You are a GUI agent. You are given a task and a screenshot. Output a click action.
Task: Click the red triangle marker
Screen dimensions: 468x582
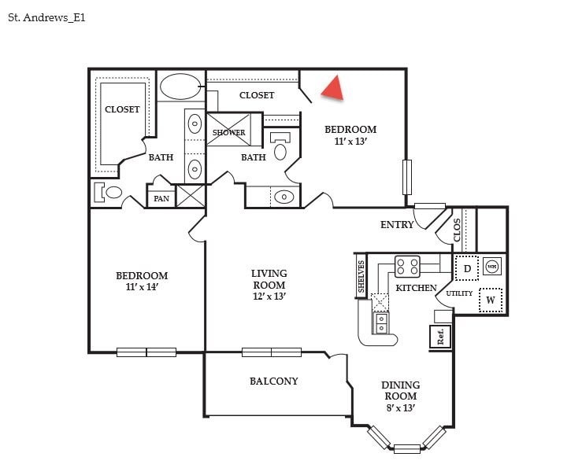pos(334,89)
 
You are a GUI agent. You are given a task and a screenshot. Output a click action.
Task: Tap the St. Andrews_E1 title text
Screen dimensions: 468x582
pos(46,17)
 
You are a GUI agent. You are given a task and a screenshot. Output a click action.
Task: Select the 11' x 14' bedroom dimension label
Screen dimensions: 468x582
pos(142,288)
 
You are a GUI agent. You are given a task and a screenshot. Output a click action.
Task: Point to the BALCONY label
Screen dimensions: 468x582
pos(274,381)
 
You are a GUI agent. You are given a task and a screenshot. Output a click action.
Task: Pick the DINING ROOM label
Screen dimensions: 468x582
pos(400,391)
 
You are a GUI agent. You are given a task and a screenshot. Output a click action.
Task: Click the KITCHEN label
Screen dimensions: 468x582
pos(416,289)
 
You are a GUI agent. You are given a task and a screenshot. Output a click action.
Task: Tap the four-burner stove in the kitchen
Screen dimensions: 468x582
pos(407,267)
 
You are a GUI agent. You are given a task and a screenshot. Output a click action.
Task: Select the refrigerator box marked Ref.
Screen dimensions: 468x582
pos(441,336)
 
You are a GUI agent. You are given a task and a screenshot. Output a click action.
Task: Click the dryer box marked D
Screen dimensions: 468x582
pos(467,269)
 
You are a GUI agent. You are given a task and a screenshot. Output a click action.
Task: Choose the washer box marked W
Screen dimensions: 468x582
pos(491,300)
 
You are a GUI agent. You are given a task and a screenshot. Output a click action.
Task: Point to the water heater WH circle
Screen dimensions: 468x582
pos(492,266)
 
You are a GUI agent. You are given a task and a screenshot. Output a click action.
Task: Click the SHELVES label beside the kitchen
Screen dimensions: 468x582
pos(361,278)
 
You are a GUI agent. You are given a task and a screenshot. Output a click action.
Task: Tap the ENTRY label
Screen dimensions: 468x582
pos(397,225)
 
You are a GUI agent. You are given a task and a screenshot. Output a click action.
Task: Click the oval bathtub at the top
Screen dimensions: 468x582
pos(180,87)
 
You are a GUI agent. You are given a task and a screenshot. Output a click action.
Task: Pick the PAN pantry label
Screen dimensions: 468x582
pos(161,198)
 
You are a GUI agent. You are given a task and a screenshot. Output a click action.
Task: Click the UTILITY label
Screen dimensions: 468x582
pos(459,293)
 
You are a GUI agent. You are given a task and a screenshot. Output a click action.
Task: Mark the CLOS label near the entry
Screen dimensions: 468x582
pos(458,229)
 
